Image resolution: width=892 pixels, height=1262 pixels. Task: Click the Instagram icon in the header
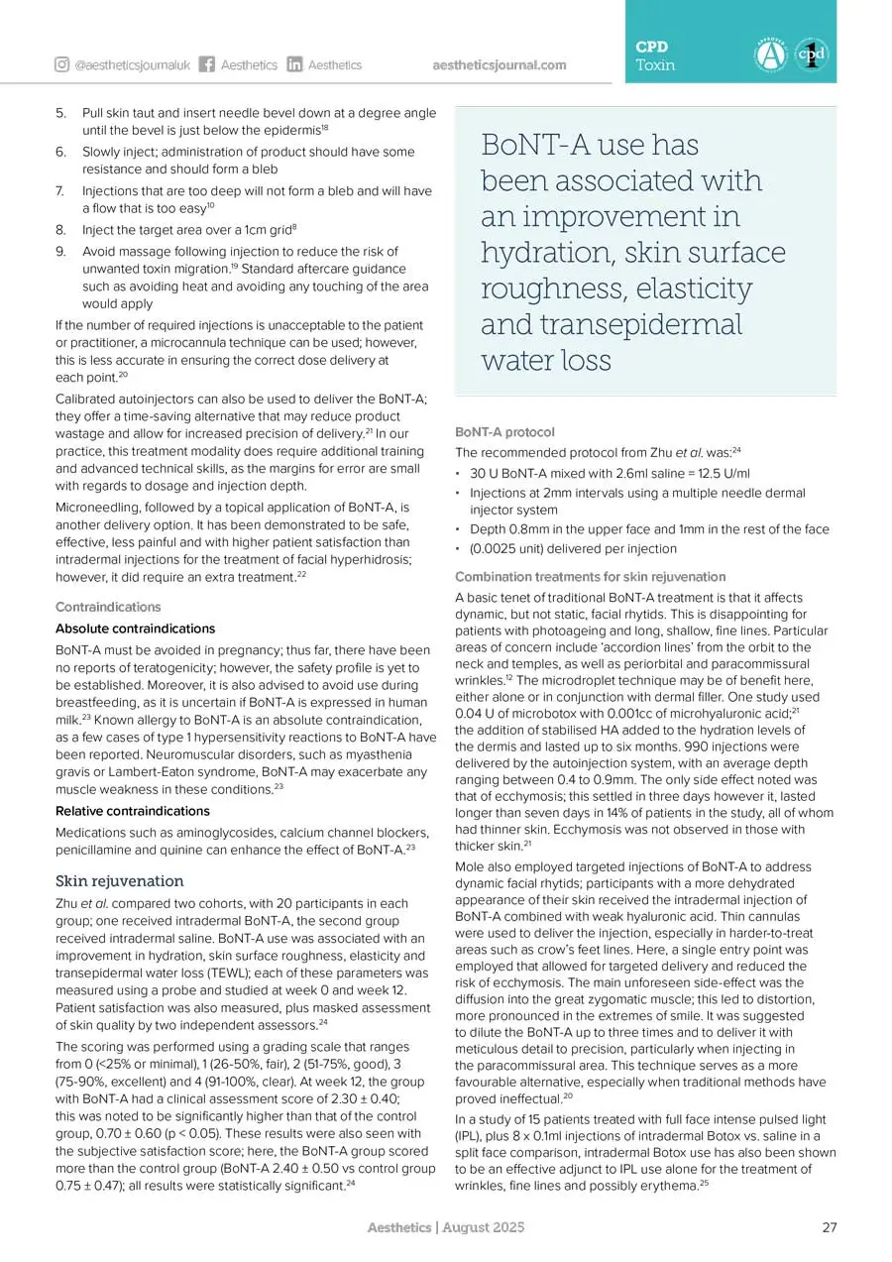(61, 65)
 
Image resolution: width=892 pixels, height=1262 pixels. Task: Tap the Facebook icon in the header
(207, 65)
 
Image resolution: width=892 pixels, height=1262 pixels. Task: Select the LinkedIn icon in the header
(294, 65)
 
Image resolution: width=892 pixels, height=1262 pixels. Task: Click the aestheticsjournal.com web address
(500, 65)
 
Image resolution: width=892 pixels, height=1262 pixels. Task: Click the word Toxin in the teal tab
(655, 65)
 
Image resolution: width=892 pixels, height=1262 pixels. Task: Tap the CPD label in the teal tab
(651, 47)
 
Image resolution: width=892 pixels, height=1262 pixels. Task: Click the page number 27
(830, 1227)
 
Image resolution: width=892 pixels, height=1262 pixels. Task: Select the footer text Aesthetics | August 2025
(445, 1227)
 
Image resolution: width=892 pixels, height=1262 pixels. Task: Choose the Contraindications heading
(108, 607)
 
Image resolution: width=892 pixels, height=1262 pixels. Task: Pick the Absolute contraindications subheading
(135, 629)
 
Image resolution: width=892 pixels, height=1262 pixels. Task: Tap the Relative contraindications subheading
(132, 810)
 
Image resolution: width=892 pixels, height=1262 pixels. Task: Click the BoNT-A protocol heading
(504, 432)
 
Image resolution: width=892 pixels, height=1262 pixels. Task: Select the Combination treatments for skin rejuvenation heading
(590, 577)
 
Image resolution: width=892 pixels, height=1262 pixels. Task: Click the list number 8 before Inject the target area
(59, 230)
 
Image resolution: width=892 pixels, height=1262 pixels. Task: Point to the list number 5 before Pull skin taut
(59, 113)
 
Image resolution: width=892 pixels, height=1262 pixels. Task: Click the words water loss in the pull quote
(546, 360)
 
